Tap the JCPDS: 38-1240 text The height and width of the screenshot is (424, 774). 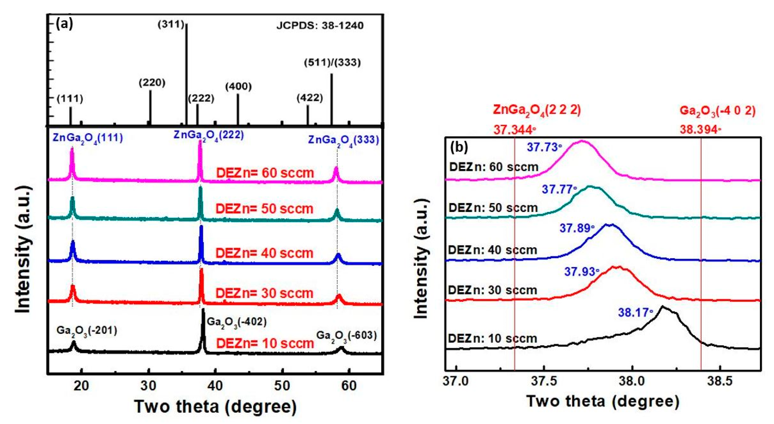click(x=320, y=25)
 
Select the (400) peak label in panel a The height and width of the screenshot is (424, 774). click(x=238, y=87)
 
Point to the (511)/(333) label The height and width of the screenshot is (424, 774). click(x=332, y=63)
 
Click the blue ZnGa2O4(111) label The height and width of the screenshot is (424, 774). click(x=88, y=138)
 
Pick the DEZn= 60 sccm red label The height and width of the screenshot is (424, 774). click(x=265, y=173)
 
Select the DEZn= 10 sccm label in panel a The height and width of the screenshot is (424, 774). click(x=265, y=343)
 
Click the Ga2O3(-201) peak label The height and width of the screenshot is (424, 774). click(x=87, y=331)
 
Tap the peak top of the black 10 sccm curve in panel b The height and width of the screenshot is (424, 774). click(x=662, y=307)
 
